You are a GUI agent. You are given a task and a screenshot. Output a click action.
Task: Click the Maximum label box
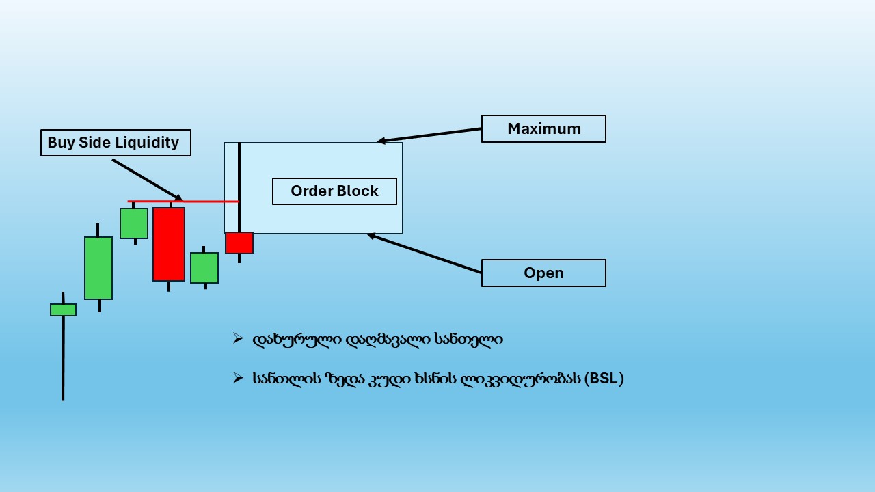pyautogui.click(x=543, y=129)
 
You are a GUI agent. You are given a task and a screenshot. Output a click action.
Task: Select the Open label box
pyautogui.click(x=543, y=273)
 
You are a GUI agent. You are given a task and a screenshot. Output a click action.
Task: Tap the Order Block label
pyautogui.click(x=334, y=191)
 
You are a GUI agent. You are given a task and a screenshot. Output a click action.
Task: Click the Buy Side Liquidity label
pyautogui.click(x=116, y=143)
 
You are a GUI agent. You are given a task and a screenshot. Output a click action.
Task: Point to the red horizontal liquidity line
pyautogui.click(x=183, y=202)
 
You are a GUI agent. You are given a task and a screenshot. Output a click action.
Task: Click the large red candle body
pyautogui.click(x=169, y=244)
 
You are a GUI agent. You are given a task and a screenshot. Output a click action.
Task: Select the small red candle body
pyautogui.click(x=239, y=243)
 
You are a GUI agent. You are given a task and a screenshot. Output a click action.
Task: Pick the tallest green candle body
pyautogui.click(x=98, y=269)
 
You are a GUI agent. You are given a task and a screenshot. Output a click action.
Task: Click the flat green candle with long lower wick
pyautogui.click(x=64, y=310)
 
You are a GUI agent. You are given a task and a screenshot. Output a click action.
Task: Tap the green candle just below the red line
pyautogui.click(x=134, y=223)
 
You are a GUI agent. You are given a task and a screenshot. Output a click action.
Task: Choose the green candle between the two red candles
pyautogui.click(x=204, y=268)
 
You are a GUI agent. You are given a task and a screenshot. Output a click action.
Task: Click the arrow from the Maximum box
pyautogui.click(x=429, y=135)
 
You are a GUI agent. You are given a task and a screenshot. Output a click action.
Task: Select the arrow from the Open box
pyautogui.click(x=425, y=253)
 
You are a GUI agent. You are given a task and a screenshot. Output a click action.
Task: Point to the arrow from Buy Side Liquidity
pyautogui.click(x=147, y=180)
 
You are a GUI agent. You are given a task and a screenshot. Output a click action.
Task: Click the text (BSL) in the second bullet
pyautogui.click(x=604, y=379)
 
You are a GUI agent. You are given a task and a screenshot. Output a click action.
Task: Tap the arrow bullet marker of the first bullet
pyautogui.click(x=238, y=338)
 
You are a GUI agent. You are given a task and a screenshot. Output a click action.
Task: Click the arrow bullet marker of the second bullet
pyautogui.click(x=238, y=378)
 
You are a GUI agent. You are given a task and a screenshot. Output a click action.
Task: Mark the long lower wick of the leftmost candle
pyautogui.click(x=63, y=359)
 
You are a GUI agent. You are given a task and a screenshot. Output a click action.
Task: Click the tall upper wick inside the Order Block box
pyautogui.click(x=239, y=188)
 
